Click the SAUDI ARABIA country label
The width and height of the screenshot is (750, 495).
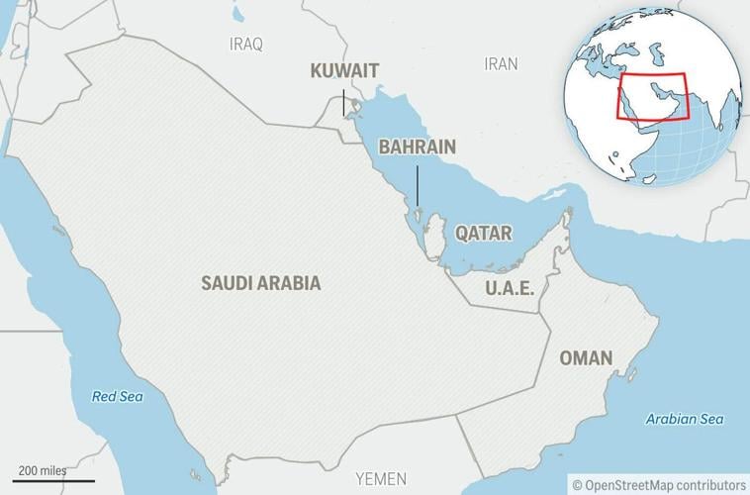tap(261, 283)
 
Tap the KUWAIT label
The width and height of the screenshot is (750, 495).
tap(344, 71)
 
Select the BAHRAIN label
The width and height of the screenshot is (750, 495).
tap(417, 148)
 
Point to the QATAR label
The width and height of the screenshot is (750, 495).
tap(483, 234)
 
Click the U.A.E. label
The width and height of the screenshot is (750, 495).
tap(510, 288)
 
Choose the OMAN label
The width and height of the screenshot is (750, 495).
tap(586, 357)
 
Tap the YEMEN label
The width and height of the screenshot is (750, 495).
tap(381, 479)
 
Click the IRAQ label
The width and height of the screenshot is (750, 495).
tap(246, 44)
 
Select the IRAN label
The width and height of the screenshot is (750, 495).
tap(501, 63)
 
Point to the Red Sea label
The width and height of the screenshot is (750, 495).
tap(118, 397)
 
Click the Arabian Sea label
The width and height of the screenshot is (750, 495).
tap(685, 419)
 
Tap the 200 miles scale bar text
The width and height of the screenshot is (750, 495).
tap(42, 468)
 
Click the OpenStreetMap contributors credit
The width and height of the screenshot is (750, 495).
tap(659, 484)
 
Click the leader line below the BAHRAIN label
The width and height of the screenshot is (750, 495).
tap(418, 185)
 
